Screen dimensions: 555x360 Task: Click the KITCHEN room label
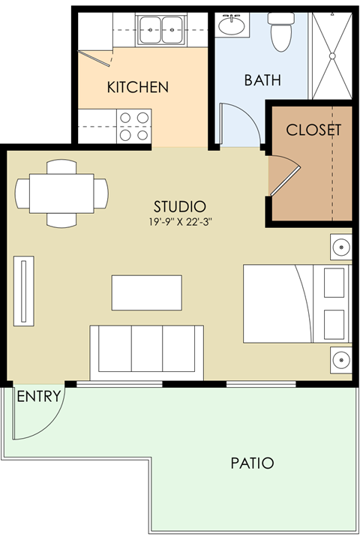point(137,87)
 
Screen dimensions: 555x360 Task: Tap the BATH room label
point(262,80)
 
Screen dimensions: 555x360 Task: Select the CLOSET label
point(313,130)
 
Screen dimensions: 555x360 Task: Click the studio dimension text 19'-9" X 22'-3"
point(179,222)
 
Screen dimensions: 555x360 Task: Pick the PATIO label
point(252,463)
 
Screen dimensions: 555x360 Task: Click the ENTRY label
point(38,397)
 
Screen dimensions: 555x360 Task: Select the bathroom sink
point(232,27)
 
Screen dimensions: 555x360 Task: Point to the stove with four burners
point(133,124)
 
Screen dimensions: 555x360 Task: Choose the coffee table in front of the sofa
point(146,292)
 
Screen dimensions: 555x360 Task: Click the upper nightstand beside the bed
point(341,245)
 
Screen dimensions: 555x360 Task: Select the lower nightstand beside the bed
point(341,359)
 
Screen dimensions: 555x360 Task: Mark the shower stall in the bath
point(331,55)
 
